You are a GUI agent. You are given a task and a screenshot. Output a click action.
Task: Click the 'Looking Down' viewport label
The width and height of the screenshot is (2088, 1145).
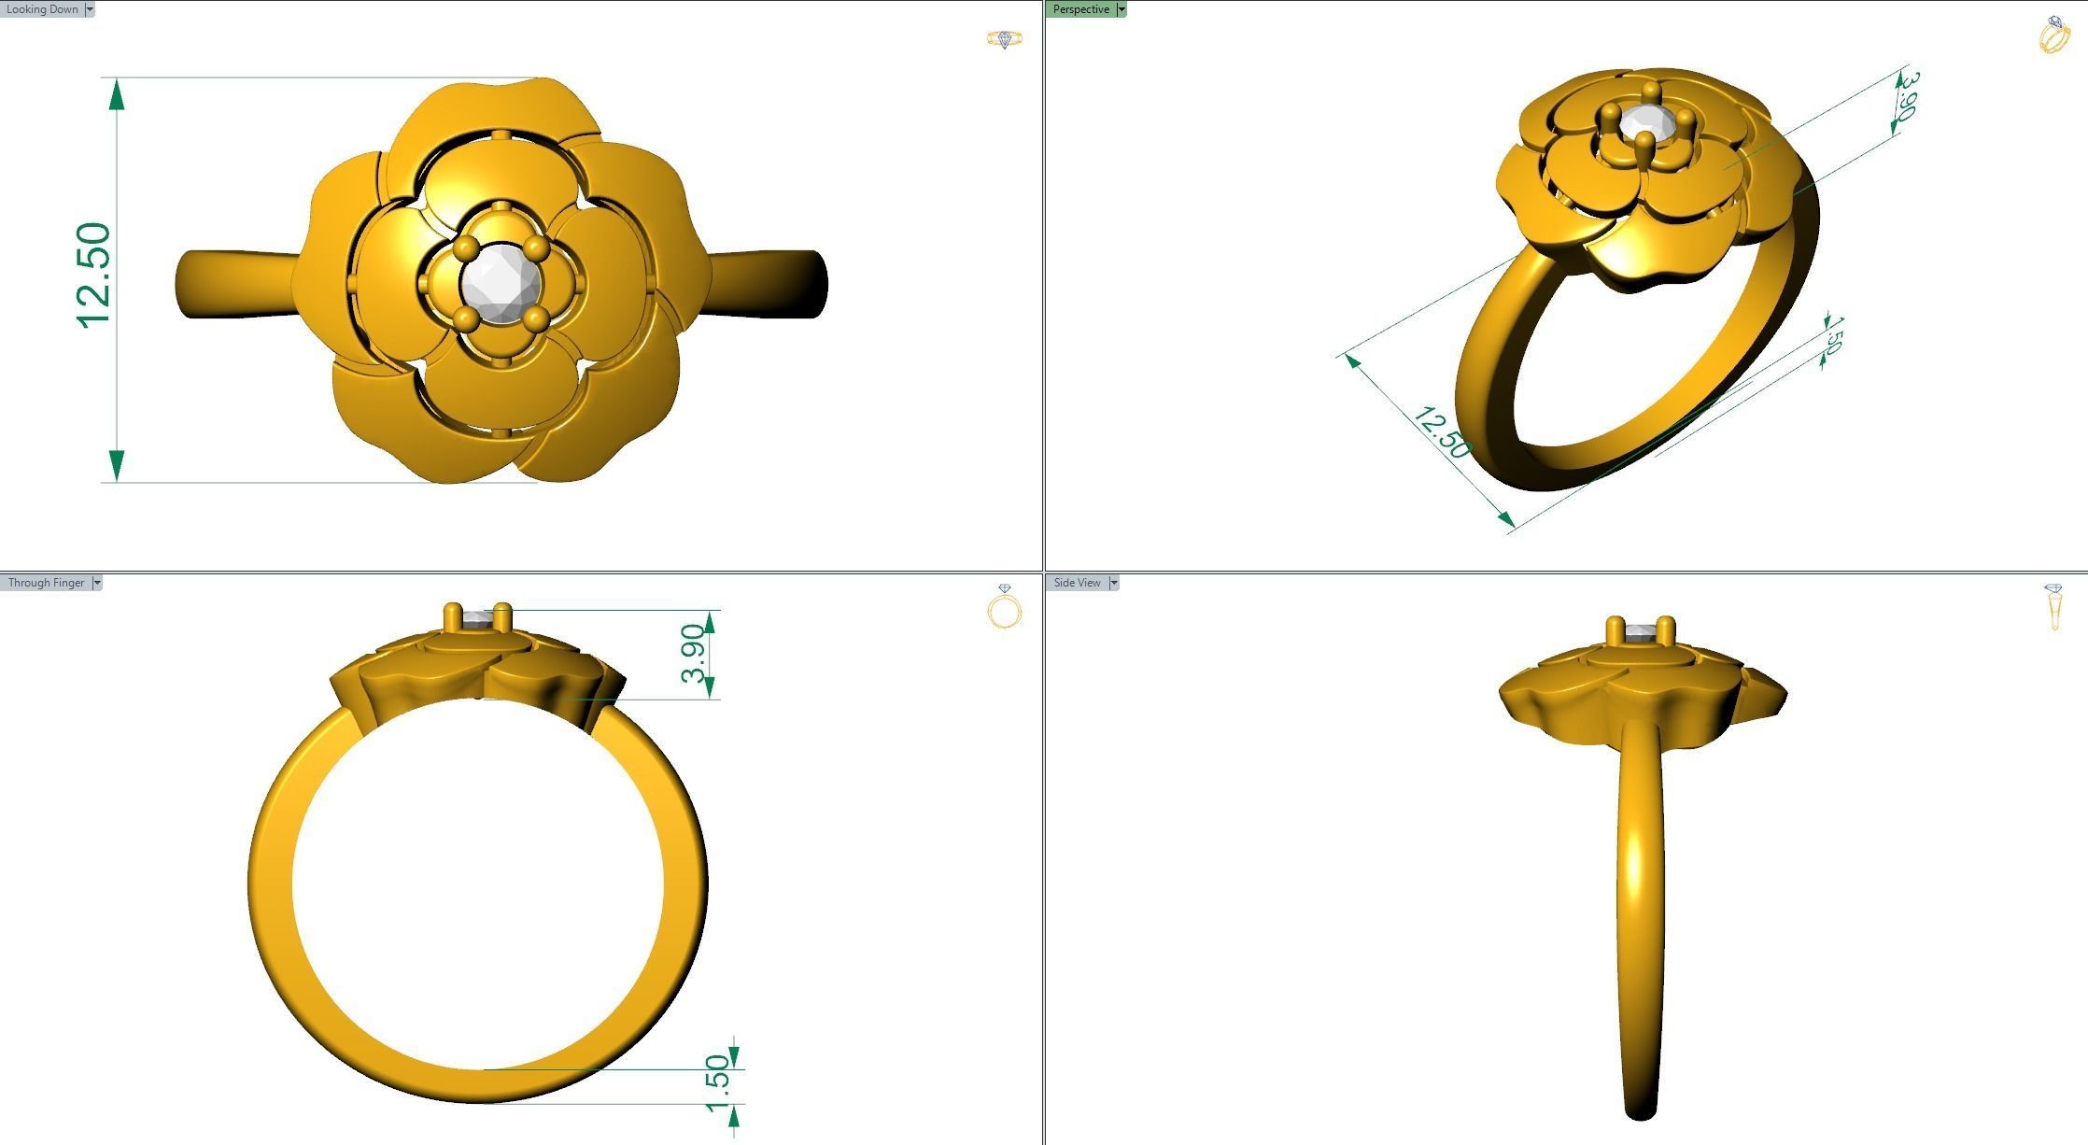click(42, 9)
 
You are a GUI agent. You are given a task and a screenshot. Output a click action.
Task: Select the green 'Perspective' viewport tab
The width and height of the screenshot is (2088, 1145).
click(1080, 9)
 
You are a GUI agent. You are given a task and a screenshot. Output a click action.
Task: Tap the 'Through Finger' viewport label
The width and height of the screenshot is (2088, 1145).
click(46, 583)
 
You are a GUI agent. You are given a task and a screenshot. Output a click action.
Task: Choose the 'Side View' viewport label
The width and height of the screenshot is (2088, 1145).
click(1077, 583)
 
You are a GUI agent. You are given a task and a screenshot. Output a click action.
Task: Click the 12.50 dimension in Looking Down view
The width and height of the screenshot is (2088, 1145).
click(94, 276)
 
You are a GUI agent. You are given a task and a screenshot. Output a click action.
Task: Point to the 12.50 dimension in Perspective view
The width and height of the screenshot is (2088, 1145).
click(1442, 432)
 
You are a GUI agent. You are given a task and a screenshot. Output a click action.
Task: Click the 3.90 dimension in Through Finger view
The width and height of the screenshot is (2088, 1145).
click(694, 654)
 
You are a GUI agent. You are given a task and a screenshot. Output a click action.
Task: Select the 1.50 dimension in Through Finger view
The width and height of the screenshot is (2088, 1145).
click(717, 1083)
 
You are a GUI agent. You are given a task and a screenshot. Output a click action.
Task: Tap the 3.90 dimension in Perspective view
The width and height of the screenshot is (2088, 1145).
click(1907, 95)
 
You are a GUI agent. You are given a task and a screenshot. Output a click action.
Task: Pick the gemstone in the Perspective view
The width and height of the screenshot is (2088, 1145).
click(1642, 121)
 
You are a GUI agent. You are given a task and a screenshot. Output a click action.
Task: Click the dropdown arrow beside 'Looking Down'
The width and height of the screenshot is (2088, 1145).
click(90, 9)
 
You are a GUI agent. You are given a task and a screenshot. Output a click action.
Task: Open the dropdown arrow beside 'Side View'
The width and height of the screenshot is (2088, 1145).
click(1113, 583)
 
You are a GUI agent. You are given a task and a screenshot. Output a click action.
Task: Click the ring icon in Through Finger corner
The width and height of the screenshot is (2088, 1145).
click(1005, 608)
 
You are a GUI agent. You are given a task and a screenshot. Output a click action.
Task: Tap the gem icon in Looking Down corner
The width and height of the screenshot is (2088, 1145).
click(1005, 39)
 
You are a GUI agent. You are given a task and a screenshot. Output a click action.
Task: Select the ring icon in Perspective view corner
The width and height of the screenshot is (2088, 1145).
click(2053, 35)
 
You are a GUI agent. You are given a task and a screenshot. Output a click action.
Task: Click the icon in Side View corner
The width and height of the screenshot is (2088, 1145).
click(2053, 607)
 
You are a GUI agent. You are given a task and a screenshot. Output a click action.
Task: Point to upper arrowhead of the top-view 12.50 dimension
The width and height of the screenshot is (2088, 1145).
click(117, 94)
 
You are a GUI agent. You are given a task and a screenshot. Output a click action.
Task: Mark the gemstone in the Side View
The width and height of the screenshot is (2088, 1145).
click(1639, 633)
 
